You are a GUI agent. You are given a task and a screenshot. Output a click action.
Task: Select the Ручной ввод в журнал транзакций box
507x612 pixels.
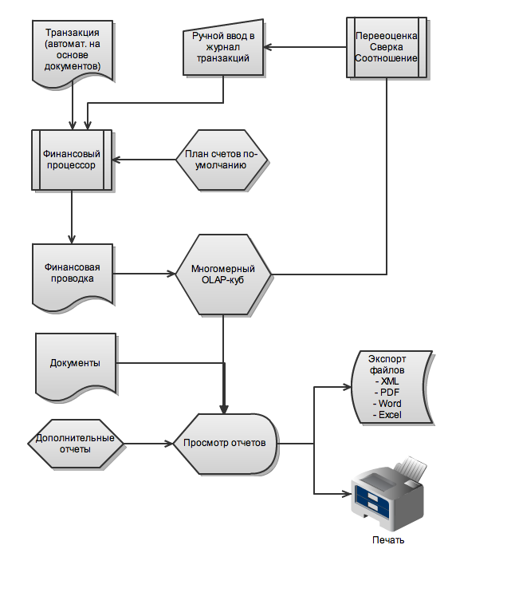tap(223, 48)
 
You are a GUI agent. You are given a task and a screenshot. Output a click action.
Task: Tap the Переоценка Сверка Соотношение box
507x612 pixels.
tap(387, 47)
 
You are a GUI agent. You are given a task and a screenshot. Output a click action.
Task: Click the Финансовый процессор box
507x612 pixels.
tap(72, 160)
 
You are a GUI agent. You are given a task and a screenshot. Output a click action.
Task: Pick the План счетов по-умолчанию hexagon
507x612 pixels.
tap(222, 160)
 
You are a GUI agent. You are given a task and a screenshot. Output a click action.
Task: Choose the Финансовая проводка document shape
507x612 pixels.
tap(73, 275)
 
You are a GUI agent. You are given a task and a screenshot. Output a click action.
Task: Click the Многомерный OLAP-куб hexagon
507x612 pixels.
tap(223, 274)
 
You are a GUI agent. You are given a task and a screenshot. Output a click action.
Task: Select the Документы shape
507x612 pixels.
tap(76, 365)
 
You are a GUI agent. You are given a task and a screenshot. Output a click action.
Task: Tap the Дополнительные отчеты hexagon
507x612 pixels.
tap(76, 444)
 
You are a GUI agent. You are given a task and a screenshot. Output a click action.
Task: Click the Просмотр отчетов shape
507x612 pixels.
tap(226, 444)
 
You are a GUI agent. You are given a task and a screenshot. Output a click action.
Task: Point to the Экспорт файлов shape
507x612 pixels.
tap(392, 387)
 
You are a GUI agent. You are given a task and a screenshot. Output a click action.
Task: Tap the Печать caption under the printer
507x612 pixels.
tap(388, 540)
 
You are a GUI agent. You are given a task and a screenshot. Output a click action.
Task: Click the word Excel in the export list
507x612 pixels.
tap(390, 415)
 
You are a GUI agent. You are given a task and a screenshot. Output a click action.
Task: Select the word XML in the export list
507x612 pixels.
tap(390, 381)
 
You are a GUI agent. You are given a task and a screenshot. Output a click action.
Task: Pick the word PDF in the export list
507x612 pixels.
tap(390, 393)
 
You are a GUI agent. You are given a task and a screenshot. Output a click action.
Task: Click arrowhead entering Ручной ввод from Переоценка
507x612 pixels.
tap(268, 47)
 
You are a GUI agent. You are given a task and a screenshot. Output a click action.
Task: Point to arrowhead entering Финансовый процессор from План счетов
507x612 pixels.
tap(116, 160)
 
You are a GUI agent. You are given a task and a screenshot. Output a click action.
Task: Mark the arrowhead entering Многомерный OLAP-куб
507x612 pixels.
tap(171, 274)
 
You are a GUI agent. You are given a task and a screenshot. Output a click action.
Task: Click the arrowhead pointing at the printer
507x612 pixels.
tap(347, 494)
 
